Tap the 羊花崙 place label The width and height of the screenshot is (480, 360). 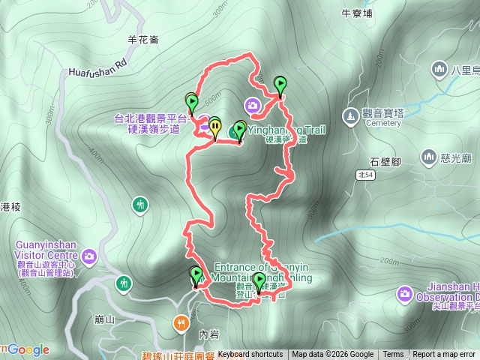(x=143, y=40)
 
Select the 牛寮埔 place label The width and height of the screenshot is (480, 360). (x=357, y=13)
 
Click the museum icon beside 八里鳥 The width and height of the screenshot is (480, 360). (x=439, y=70)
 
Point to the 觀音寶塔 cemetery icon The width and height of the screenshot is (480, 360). (x=349, y=115)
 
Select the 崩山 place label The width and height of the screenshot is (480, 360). (x=105, y=319)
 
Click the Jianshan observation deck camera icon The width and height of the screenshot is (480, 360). (x=405, y=292)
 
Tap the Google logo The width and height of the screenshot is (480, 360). (x=28, y=349)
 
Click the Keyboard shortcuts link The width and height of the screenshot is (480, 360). (x=250, y=355)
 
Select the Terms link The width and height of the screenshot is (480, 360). (x=393, y=355)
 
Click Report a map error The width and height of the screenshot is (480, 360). (x=445, y=355)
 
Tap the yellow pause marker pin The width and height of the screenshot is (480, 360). (x=215, y=127)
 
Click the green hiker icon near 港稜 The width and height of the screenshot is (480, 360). (x=140, y=204)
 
